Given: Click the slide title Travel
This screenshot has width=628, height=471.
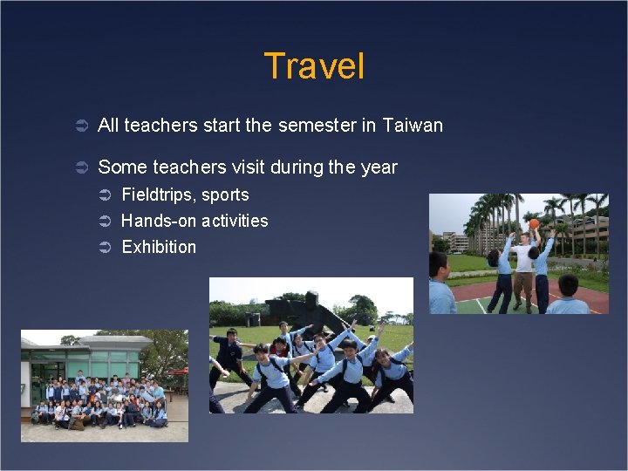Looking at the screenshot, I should point(313,66).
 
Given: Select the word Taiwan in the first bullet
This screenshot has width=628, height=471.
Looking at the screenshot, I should point(413,126).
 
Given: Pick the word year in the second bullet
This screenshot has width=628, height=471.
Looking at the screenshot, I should point(379,167).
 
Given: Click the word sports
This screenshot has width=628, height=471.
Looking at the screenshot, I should point(226,195).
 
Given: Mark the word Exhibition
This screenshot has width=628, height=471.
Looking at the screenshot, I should point(159,248).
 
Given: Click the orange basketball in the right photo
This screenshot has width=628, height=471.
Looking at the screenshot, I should point(534,224).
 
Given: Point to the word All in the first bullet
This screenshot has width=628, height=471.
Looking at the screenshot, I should point(108,126).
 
